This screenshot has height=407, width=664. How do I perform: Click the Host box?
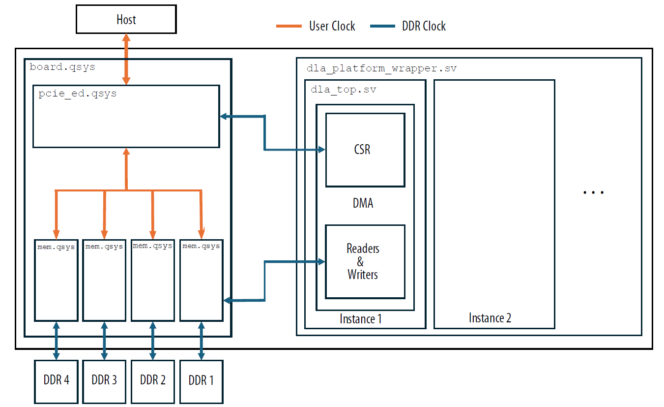coord(126,20)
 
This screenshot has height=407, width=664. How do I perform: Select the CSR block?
coord(365,150)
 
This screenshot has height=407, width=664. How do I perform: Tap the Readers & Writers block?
coord(365,261)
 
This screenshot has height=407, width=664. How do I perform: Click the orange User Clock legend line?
coord(289,26)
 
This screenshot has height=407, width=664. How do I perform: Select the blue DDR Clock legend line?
coord(382,26)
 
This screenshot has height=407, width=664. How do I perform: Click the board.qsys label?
coord(62,66)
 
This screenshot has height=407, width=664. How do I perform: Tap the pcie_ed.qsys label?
coord(78,94)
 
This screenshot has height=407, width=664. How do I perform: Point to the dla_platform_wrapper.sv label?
coord(381,68)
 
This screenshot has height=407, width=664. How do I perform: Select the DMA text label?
coord(363,203)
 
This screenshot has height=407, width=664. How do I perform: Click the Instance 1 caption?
coord(360,318)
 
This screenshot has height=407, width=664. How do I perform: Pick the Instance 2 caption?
coord(490,318)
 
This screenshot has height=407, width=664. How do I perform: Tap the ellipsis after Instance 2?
coord(593,192)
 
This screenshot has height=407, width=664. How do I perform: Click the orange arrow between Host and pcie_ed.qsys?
coord(126,59)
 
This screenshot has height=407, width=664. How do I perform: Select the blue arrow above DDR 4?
coord(56,341)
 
